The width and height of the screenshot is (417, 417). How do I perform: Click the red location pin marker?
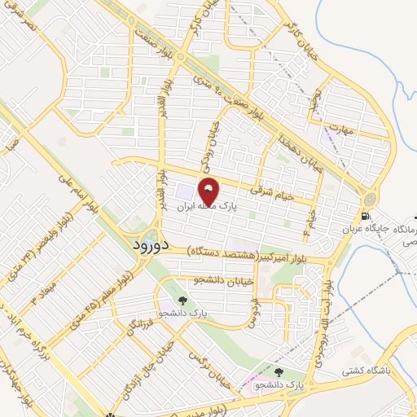pyautogui.click(x=208, y=191)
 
